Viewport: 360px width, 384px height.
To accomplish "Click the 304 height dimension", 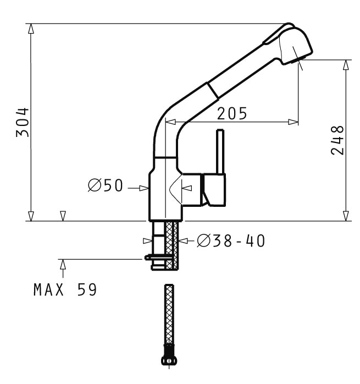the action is click(x=23, y=122).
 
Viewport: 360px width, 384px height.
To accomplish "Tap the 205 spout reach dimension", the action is click(x=232, y=114).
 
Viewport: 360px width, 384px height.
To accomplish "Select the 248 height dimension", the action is click(x=337, y=140).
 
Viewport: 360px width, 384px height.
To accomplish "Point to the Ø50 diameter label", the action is click(x=105, y=185).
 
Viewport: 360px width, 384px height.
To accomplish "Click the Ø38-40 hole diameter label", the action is click(x=231, y=241).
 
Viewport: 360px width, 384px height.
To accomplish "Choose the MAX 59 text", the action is click(x=65, y=290).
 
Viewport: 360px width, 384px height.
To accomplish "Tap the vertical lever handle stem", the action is click(x=220, y=152).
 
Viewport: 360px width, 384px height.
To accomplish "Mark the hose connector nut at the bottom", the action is click(x=169, y=360).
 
